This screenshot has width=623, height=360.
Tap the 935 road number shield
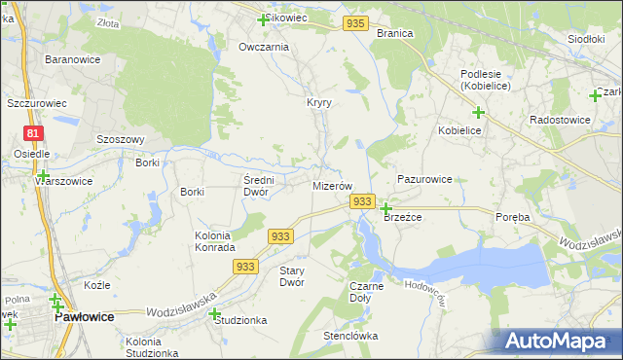[x=356, y=23]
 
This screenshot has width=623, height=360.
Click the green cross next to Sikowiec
[x=262, y=19]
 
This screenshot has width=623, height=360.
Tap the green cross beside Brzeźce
[x=385, y=208]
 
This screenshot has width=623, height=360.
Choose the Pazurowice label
[x=424, y=180]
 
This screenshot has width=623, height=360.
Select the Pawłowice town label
[x=85, y=317]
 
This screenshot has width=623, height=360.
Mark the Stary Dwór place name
[x=292, y=276]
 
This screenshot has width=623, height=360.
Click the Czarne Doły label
[x=366, y=292]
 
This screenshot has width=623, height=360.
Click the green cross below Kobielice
[x=478, y=113]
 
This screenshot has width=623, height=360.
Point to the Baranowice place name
[x=69, y=59]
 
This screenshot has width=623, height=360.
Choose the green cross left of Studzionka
[x=213, y=313]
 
